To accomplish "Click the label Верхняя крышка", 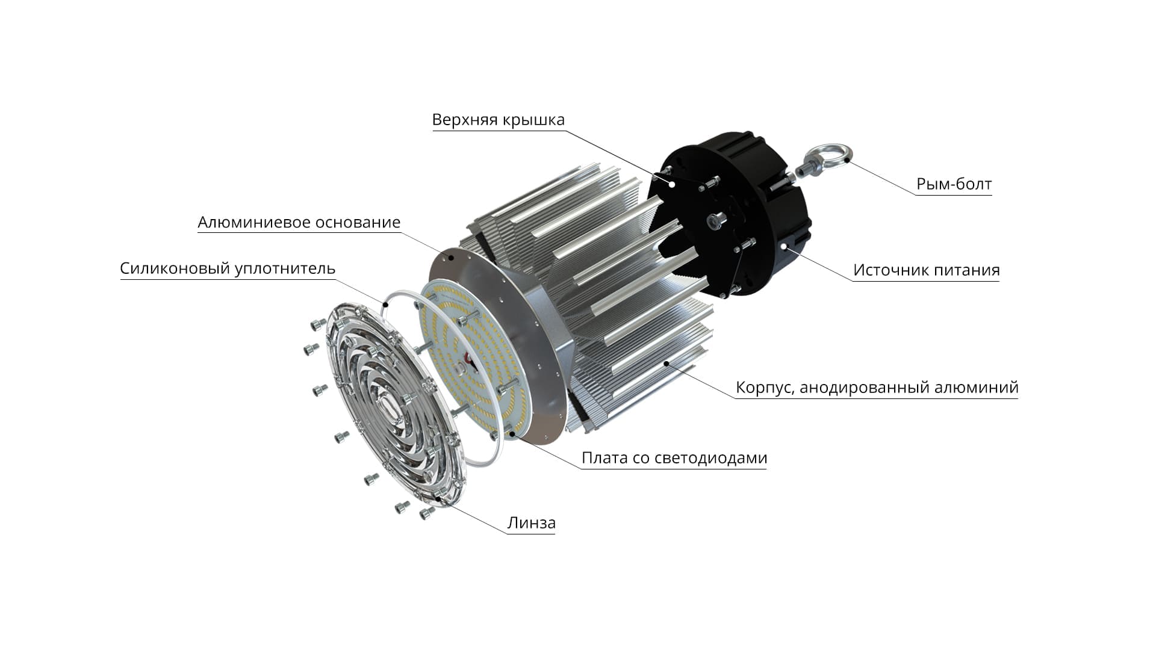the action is [x=499, y=120].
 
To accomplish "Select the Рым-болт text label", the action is [x=954, y=184].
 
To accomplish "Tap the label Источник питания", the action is [x=926, y=270].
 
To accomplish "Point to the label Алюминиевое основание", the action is [x=299, y=223].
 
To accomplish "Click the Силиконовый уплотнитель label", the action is [x=228, y=268].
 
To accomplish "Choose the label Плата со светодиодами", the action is [x=674, y=459].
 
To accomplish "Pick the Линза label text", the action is [x=531, y=523].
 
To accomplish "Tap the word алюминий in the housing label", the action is [x=976, y=388].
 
